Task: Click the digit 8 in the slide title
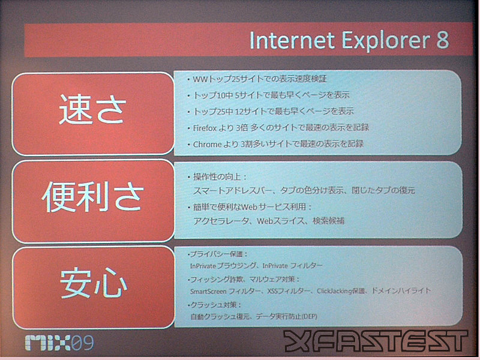(x=442, y=40)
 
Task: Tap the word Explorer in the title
(x=386, y=41)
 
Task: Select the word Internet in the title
(x=292, y=40)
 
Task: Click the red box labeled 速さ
(x=93, y=114)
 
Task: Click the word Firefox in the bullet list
(x=205, y=128)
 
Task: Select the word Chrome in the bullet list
(x=207, y=144)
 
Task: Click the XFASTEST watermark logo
(x=376, y=341)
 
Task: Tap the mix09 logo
(x=59, y=343)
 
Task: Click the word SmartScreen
(x=208, y=292)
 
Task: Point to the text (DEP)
(x=309, y=316)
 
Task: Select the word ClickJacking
(x=334, y=291)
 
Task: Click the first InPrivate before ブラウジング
(x=203, y=266)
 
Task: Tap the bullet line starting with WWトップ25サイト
(x=257, y=79)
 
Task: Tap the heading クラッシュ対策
(x=213, y=305)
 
